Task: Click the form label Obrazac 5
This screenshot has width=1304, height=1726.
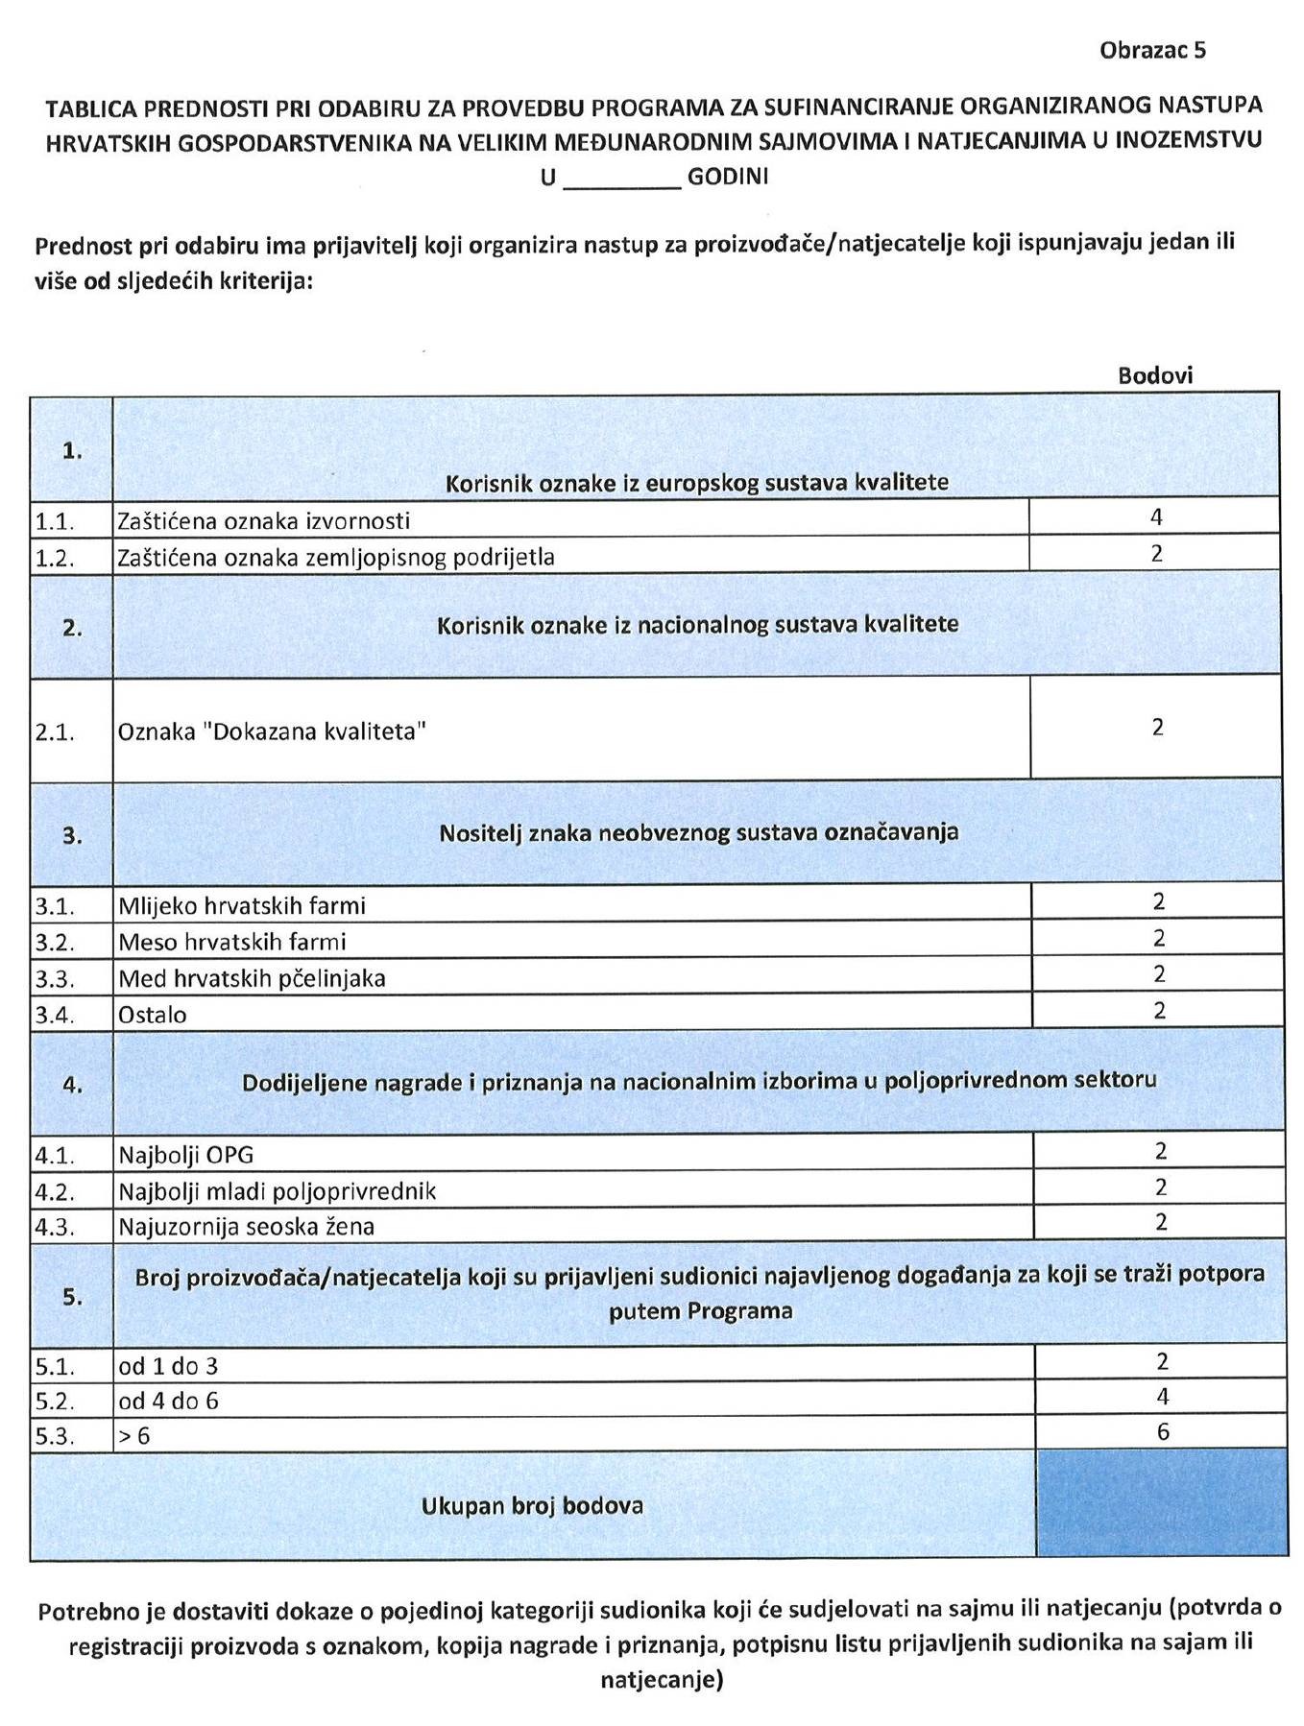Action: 1151,51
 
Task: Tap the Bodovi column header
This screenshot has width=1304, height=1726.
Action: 1154,375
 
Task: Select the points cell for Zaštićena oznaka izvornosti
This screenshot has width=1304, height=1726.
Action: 1155,517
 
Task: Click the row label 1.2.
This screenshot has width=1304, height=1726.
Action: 55,557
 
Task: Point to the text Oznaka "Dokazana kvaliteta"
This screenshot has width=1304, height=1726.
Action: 272,731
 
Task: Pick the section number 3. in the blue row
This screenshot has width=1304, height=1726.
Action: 72,835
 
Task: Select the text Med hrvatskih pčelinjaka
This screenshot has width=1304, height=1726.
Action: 252,978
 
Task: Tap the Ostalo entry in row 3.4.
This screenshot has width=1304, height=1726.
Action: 153,1015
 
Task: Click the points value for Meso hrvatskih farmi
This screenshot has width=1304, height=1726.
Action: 1159,938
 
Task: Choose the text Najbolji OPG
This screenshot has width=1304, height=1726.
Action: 185,1154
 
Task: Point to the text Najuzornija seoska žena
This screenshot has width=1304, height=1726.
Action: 246,1226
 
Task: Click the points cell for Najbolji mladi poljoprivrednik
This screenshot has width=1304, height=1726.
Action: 1160,1187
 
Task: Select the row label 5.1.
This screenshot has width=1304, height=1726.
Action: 54,1365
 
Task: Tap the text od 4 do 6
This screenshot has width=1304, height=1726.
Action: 168,1401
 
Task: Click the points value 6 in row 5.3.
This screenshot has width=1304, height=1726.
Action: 1162,1431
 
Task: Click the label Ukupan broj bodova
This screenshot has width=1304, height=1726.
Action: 532,1505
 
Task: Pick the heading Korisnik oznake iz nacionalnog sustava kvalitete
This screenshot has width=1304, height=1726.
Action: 697,625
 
